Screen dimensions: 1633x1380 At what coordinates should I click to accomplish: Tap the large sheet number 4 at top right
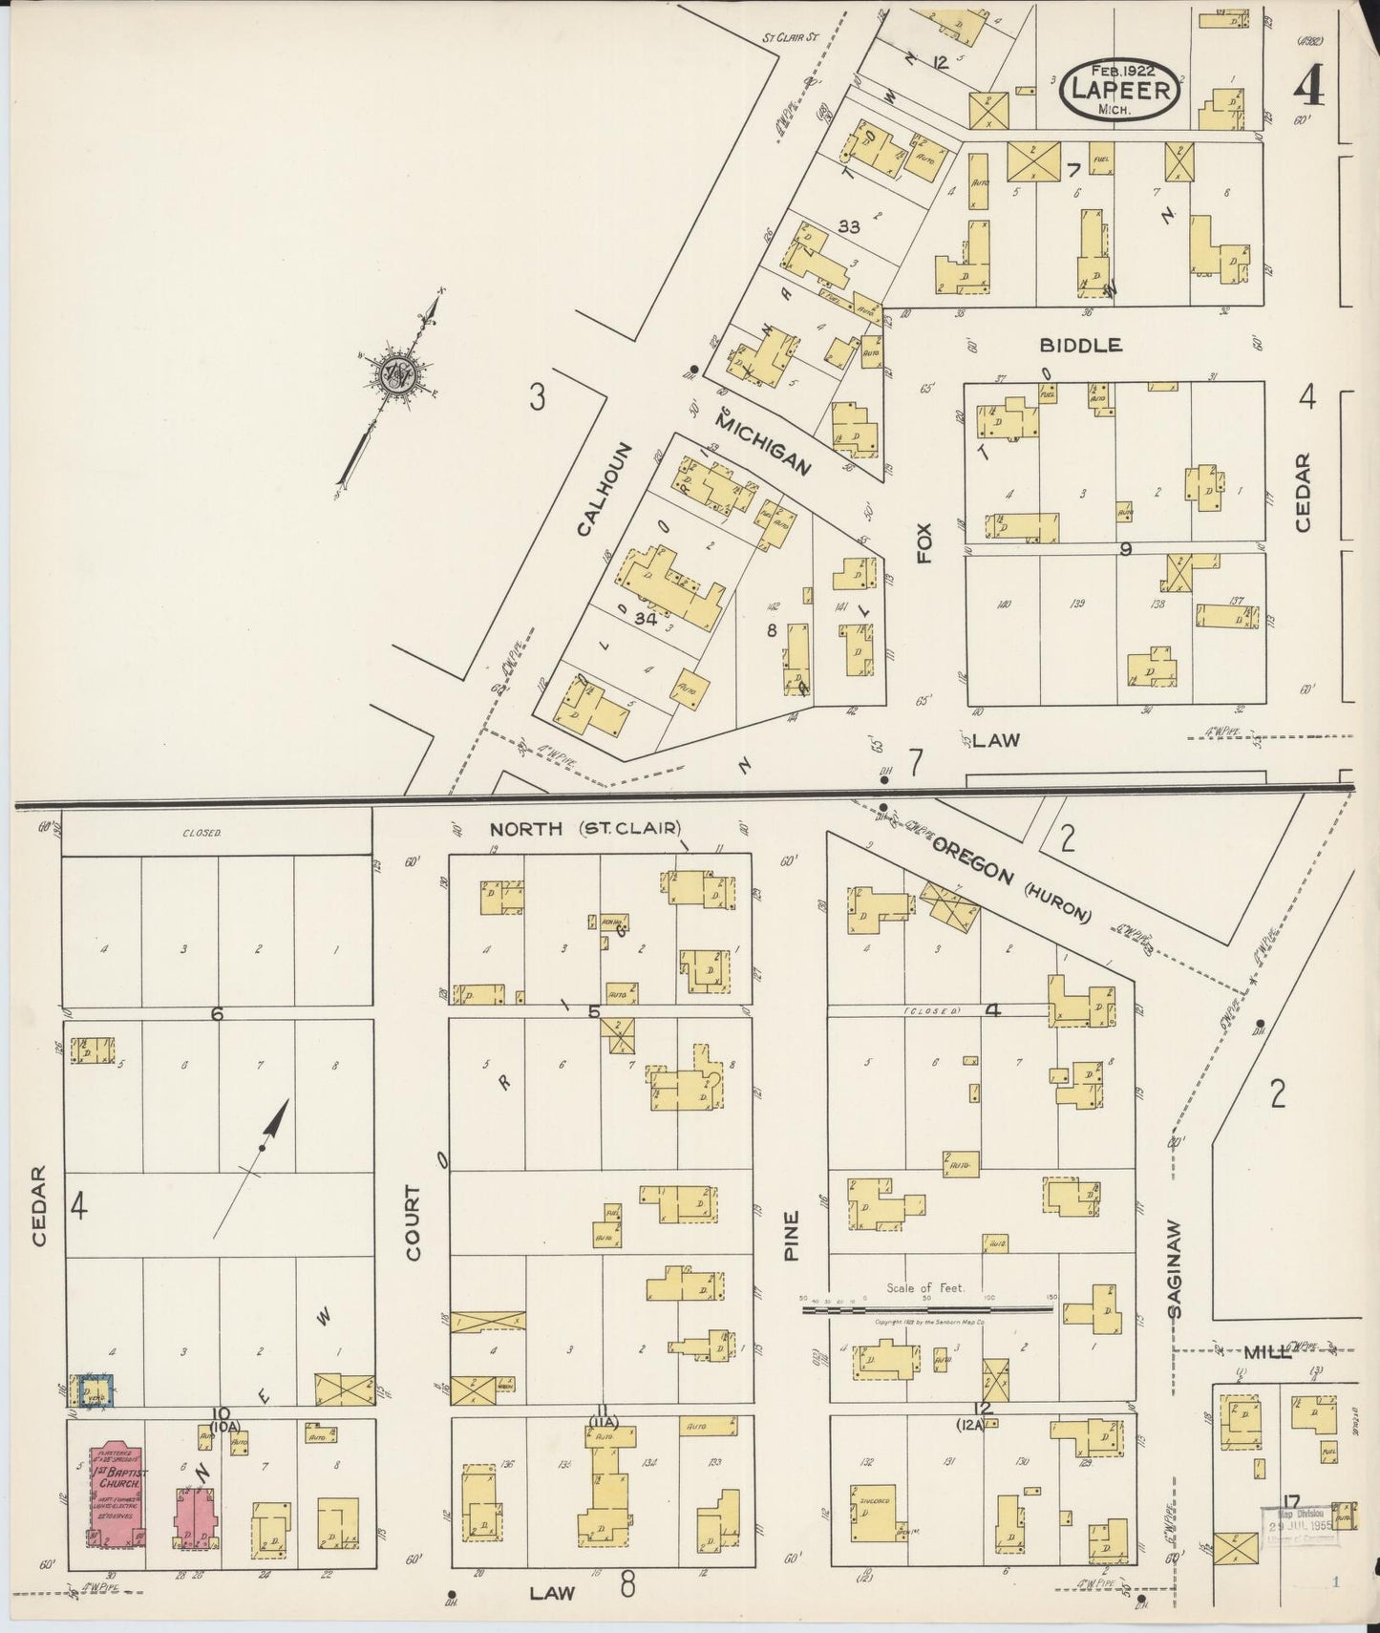[x=1308, y=88]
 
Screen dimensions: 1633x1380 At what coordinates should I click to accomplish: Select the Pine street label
[x=791, y=1236]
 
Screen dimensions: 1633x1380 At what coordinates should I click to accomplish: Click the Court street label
[x=413, y=1222]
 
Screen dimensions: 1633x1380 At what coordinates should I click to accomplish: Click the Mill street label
[x=1266, y=1352]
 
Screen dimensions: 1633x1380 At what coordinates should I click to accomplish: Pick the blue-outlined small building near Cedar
[x=96, y=1389]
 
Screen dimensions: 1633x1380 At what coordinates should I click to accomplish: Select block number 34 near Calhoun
[x=646, y=619]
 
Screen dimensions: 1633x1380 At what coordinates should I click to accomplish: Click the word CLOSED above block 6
[x=202, y=833]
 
